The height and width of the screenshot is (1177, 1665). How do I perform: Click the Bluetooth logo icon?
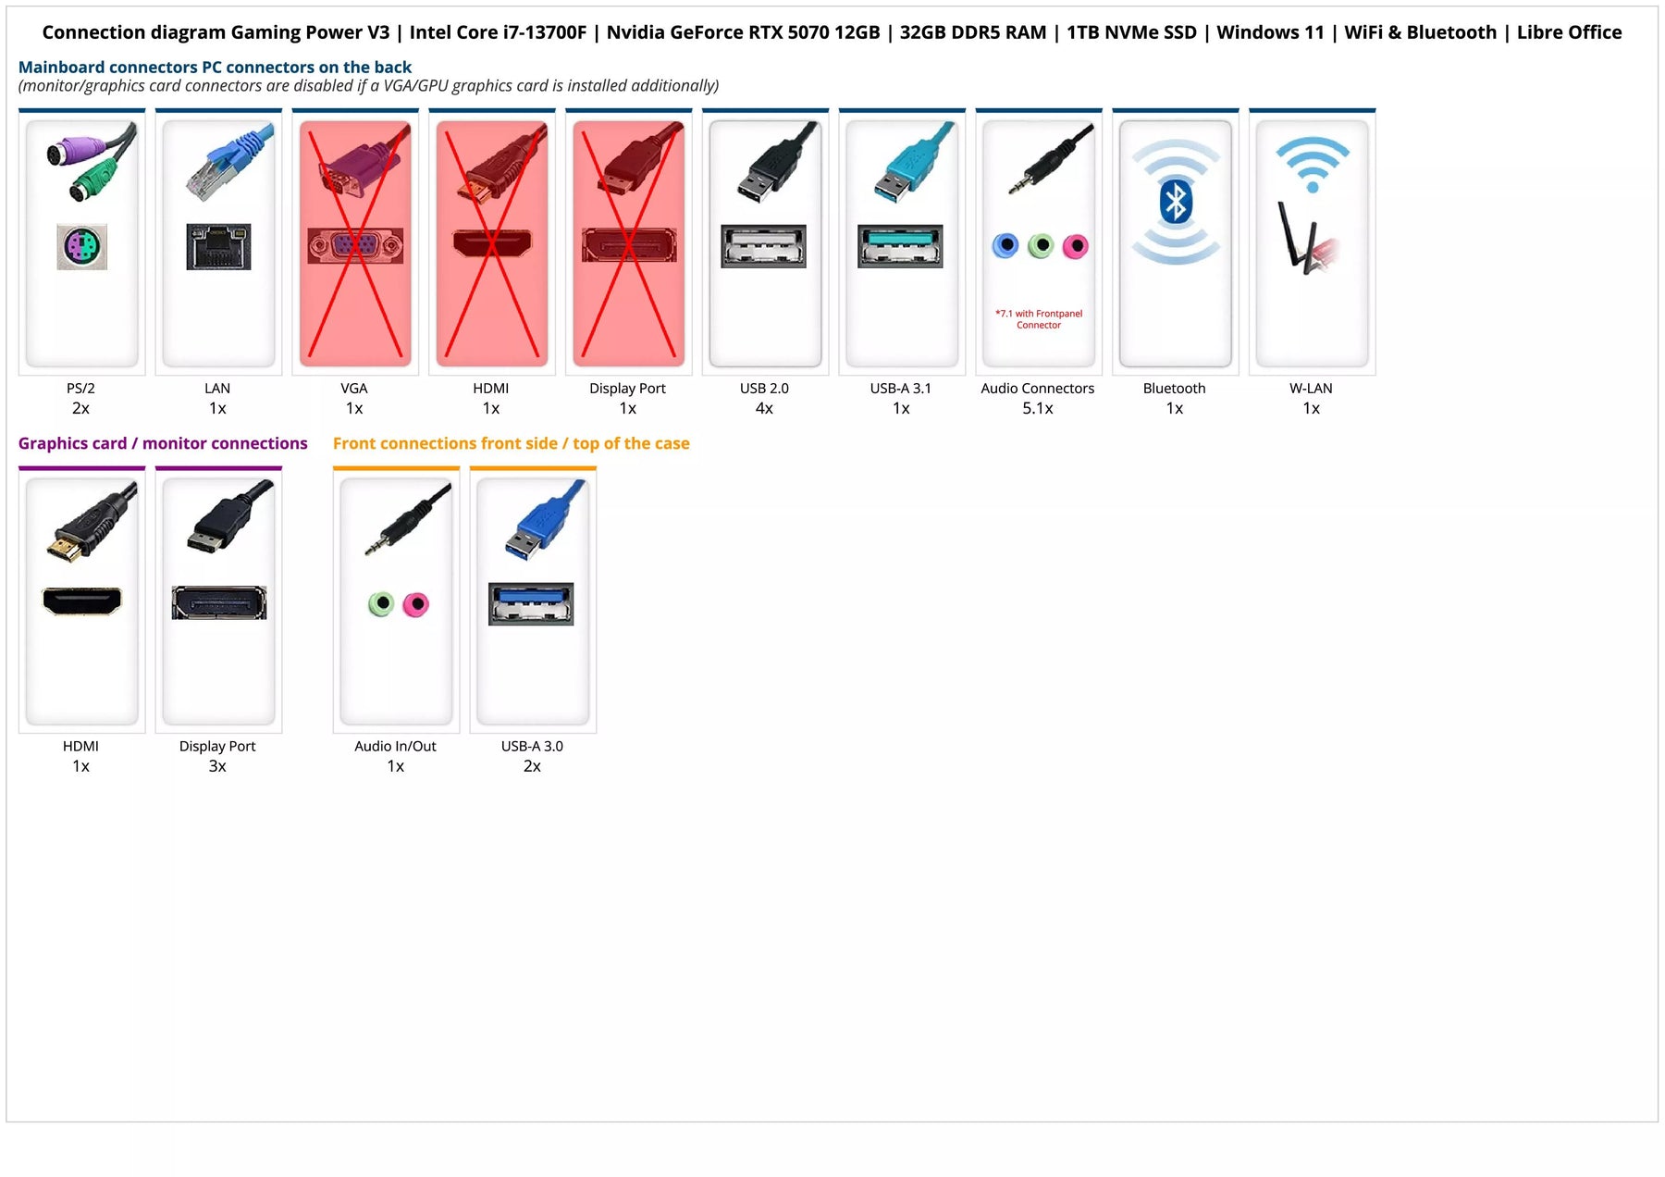(x=1175, y=202)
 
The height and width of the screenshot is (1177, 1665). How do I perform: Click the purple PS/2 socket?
(x=81, y=247)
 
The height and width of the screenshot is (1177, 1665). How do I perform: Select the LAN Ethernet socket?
(x=218, y=246)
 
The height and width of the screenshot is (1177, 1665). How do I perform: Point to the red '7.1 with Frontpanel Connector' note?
(x=1039, y=319)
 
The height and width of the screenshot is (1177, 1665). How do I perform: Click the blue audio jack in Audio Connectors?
(x=1005, y=246)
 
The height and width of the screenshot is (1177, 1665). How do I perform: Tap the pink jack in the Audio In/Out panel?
(x=416, y=604)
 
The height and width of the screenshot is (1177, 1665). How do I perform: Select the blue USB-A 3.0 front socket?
(x=531, y=604)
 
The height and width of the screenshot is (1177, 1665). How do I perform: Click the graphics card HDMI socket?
(x=81, y=601)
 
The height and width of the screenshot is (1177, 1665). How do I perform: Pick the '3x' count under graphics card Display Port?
(x=217, y=766)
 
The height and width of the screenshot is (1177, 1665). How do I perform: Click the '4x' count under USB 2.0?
(x=764, y=408)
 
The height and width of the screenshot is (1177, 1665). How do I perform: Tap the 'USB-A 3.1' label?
(x=901, y=389)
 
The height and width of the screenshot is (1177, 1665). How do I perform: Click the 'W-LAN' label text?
(x=1311, y=389)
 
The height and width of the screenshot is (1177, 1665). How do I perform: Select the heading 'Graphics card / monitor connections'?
(x=163, y=443)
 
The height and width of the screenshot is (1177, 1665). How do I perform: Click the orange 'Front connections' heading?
(x=511, y=443)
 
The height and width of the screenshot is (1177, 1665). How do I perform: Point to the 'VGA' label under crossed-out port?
(x=354, y=389)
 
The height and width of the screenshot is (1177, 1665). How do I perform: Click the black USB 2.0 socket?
(x=763, y=246)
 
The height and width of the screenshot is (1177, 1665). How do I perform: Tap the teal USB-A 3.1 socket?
(x=900, y=246)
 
